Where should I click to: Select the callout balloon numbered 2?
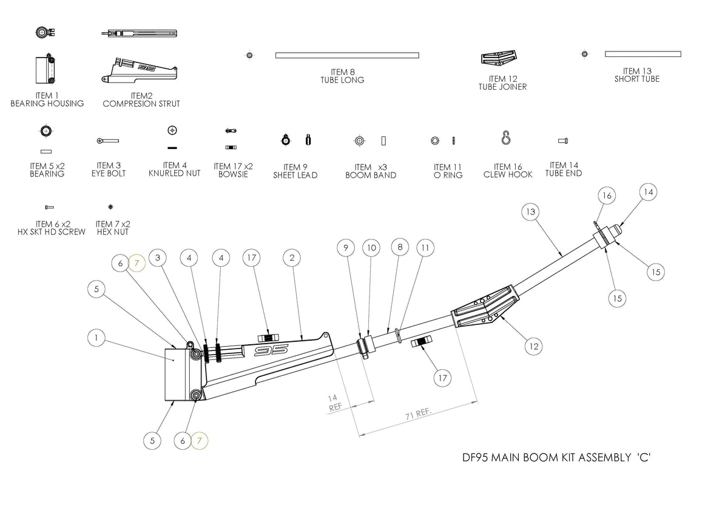click(292, 258)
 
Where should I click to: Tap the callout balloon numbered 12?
click(534, 346)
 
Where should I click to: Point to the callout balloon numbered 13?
click(531, 212)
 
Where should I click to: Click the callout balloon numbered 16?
click(606, 195)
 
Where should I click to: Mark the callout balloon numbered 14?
click(648, 192)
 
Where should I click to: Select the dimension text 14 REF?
click(334, 403)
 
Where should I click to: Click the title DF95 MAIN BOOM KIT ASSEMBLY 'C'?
click(552, 458)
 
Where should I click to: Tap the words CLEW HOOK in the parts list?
click(508, 175)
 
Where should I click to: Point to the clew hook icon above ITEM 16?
click(506, 139)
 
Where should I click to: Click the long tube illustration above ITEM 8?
click(347, 55)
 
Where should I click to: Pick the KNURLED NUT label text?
click(174, 173)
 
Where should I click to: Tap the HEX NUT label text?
click(113, 232)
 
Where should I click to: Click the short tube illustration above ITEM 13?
click(642, 54)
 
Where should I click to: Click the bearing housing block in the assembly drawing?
click(178, 375)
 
